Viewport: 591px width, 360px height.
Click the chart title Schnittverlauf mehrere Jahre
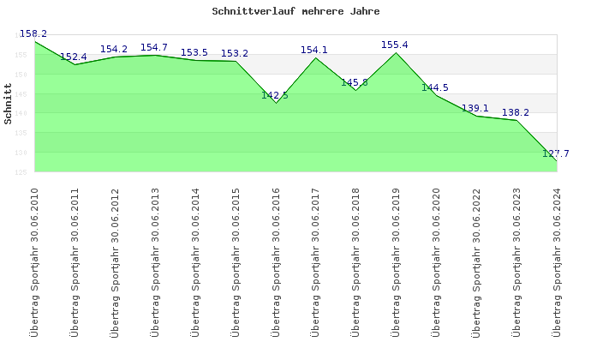tap(295, 12)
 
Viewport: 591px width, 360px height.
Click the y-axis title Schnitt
tap(8, 104)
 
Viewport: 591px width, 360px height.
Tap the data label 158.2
tap(33, 33)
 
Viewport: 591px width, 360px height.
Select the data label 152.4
tap(74, 57)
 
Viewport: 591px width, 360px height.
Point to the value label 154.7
tap(154, 47)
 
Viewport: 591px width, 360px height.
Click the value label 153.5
tap(194, 52)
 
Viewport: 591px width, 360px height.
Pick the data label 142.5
tap(275, 95)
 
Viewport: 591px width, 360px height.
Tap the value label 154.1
tap(314, 50)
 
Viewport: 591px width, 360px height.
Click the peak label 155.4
tap(395, 45)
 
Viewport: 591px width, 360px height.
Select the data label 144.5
tap(435, 87)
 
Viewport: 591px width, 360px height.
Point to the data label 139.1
tap(475, 108)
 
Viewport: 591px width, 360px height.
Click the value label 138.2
tap(515, 112)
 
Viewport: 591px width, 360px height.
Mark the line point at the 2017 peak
tap(315, 57)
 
